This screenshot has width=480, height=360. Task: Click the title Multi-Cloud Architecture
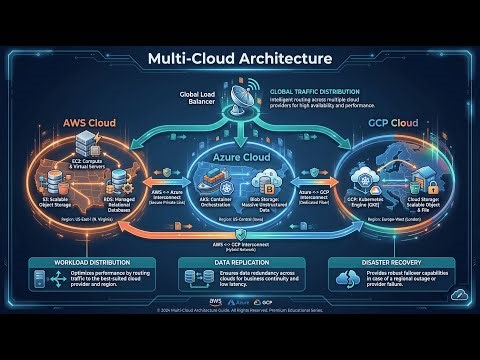pyautogui.click(x=240, y=58)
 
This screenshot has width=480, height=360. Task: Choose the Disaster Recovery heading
pyautogui.click(x=401, y=263)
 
